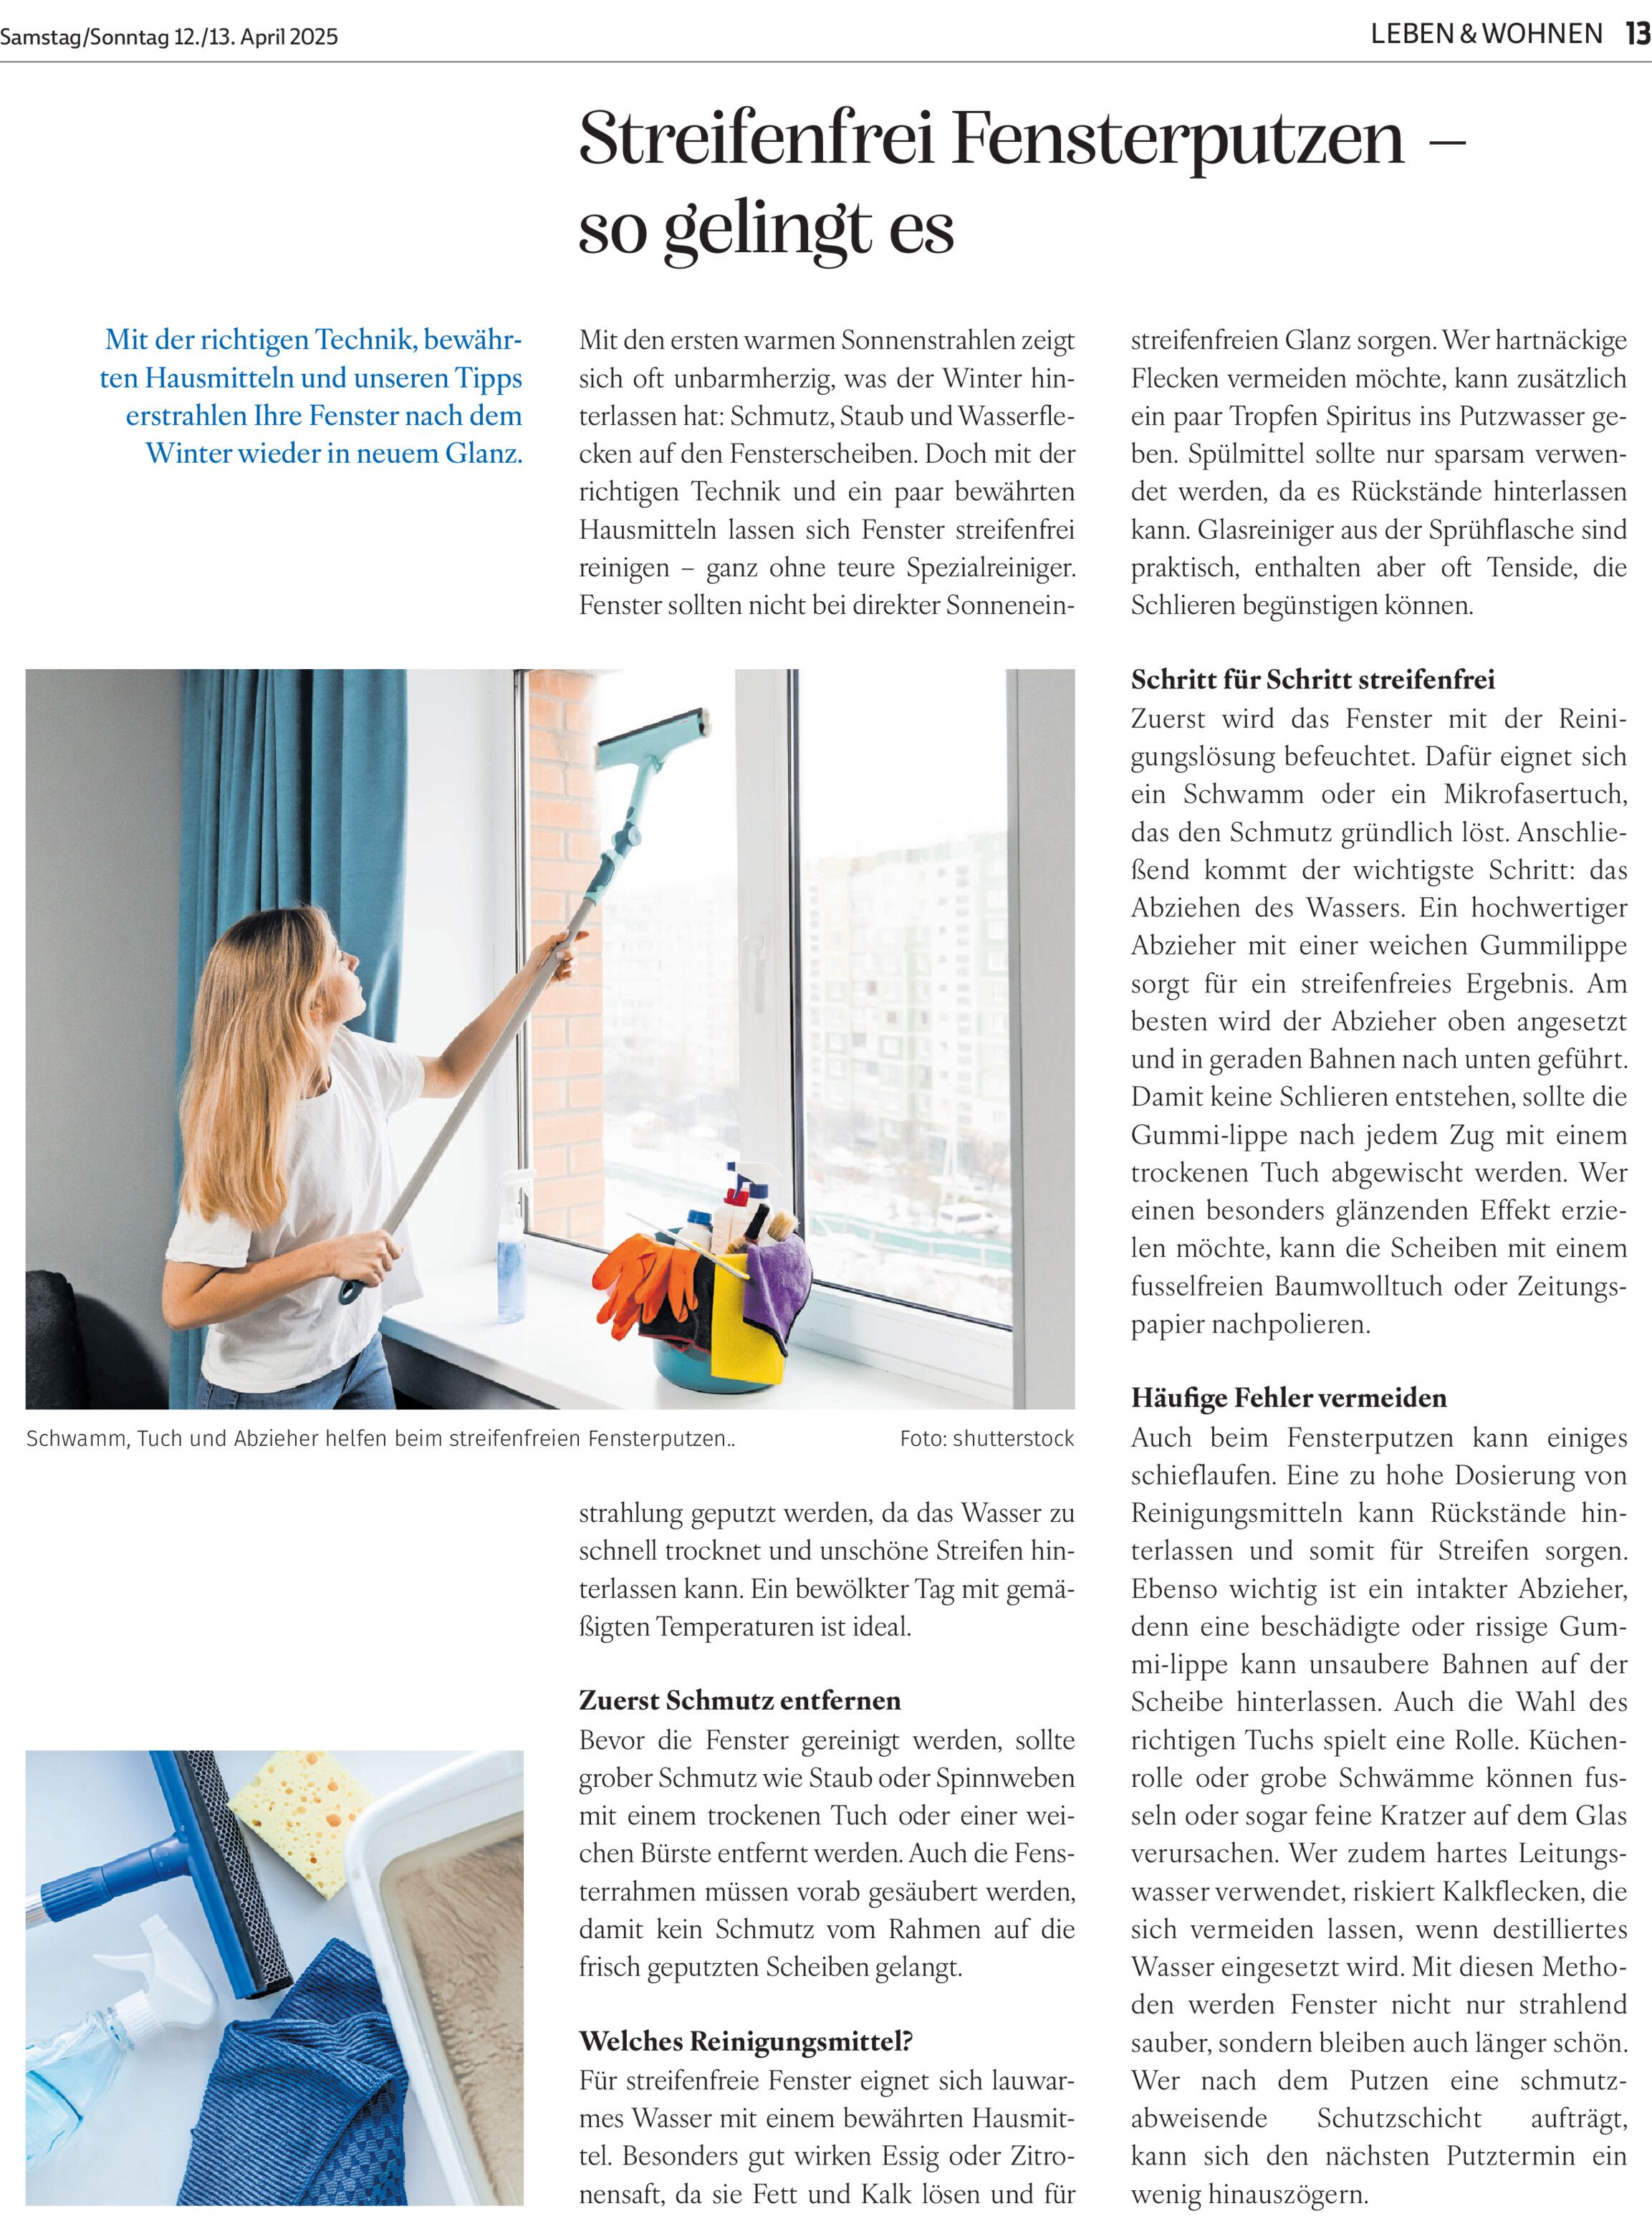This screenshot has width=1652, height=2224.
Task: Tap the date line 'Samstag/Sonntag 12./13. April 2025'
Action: pyautogui.click(x=169, y=37)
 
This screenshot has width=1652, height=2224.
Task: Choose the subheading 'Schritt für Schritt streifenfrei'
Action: pyautogui.click(x=1312, y=680)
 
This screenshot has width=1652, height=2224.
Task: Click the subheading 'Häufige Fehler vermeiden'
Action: pyautogui.click(x=1288, y=1397)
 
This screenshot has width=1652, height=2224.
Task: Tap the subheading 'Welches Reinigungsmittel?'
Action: pyautogui.click(x=745, y=2040)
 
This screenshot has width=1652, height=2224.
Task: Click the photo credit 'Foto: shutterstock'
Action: pyautogui.click(x=986, y=1438)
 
